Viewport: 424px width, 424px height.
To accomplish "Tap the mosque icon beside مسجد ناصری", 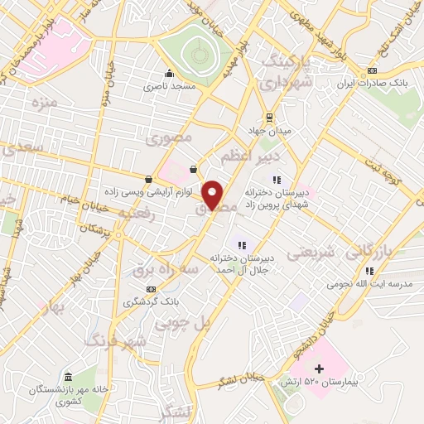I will coord(170,73).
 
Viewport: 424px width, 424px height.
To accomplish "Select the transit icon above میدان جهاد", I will coord(268,118).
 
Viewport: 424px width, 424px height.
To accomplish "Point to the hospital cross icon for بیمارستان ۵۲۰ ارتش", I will coord(319,369).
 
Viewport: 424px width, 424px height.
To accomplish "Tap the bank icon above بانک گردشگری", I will coord(150,288).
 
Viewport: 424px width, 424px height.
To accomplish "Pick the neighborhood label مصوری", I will coord(175,138).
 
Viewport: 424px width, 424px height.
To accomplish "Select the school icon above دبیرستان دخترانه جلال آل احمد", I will coord(242,244).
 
